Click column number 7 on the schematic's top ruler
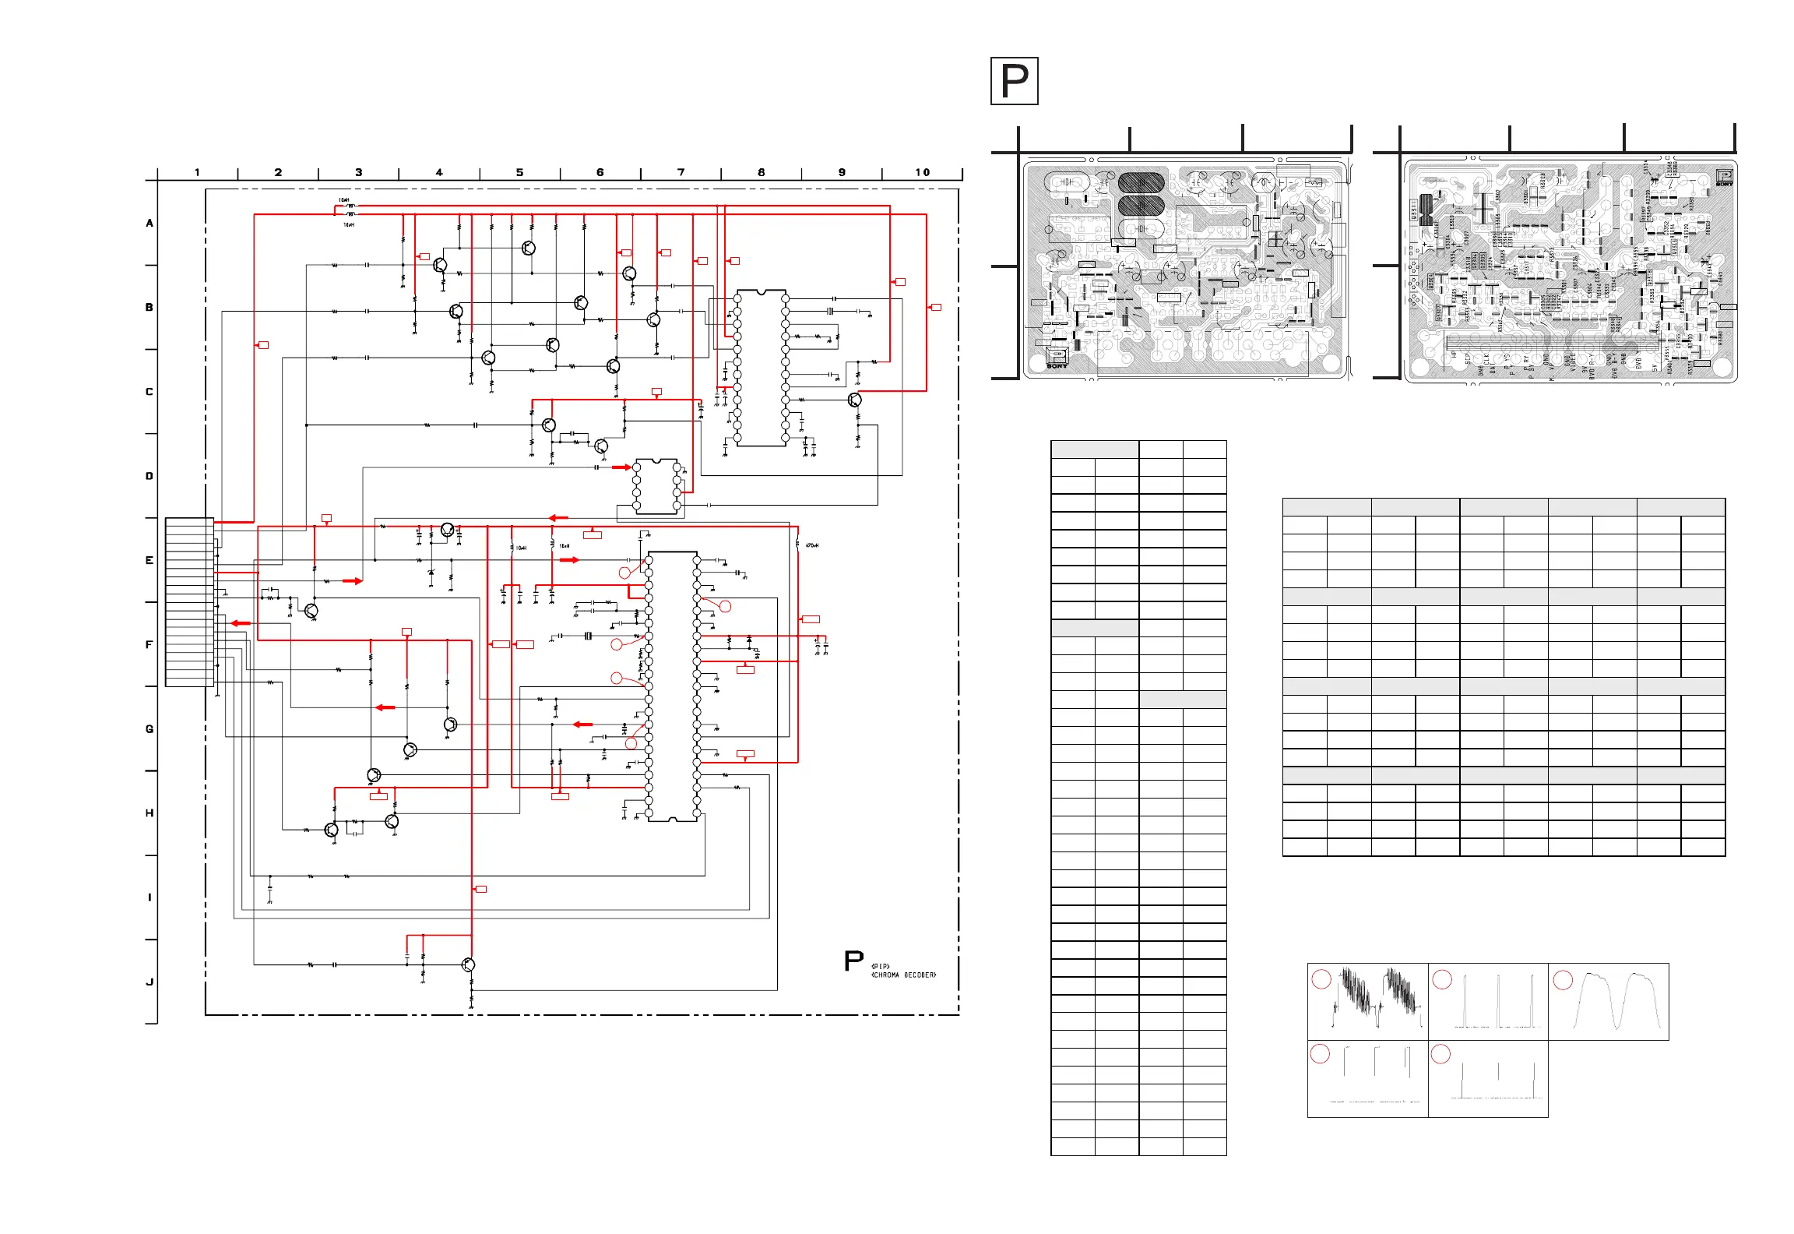(x=681, y=172)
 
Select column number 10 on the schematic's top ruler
(x=922, y=172)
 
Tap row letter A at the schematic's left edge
(x=149, y=224)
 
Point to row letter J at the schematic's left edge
(x=149, y=982)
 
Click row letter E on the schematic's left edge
(x=149, y=560)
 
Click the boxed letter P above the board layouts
(x=1014, y=81)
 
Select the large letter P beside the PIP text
(x=853, y=961)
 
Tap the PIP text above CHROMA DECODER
(x=880, y=967)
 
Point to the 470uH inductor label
(x=811, y=545)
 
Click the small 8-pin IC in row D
(x=656, y=486)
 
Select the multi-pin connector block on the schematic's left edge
(x=189, y=602)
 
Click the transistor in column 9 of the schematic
(x=855, y=400)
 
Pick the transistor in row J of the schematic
(x=468, y=964)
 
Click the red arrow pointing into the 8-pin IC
(x=621, y=467)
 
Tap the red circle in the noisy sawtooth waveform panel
(x=1321, y=979)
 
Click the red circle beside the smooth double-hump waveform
(x=1563, y=979)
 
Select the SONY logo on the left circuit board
(x=1057, y=365)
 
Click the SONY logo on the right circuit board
(x=1725, y=184)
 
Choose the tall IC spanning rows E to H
(x=673, y=686)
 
